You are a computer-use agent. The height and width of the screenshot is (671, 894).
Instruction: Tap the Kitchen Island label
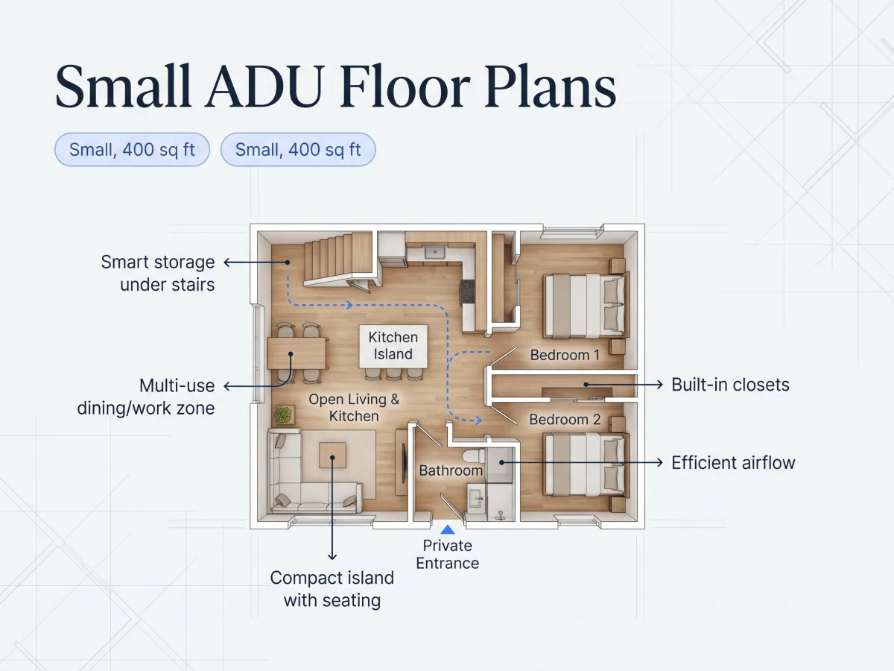coord(393,345)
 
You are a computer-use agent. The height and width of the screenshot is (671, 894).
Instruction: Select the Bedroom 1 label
coord(565,355)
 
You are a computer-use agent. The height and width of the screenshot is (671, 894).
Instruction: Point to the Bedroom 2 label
coord(565,419)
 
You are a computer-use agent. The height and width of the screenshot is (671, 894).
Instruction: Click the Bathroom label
coord(451,470)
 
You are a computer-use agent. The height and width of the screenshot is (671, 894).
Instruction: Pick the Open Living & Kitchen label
coord(354,407)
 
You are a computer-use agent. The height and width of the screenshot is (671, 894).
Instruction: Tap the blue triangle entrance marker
coord(447,529)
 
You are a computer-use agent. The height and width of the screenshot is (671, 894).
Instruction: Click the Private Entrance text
coord(447,555)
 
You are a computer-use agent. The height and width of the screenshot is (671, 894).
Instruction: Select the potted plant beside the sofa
coord(284,415)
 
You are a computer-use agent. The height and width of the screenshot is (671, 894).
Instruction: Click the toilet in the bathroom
coord(475,456)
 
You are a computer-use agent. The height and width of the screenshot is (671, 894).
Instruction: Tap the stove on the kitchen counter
coord(468,292)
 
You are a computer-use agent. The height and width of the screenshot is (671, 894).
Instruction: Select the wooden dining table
coord(297,353)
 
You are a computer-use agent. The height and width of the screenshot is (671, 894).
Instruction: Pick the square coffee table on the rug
coord(332,455)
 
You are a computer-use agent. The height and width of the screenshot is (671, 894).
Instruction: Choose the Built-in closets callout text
coord(730,385)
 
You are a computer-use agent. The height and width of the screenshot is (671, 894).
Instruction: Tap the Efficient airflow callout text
coord(733,463)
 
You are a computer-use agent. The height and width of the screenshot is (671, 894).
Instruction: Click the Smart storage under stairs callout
coord(158,273)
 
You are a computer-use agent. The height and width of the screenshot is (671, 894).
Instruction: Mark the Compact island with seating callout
coord(332,589)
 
